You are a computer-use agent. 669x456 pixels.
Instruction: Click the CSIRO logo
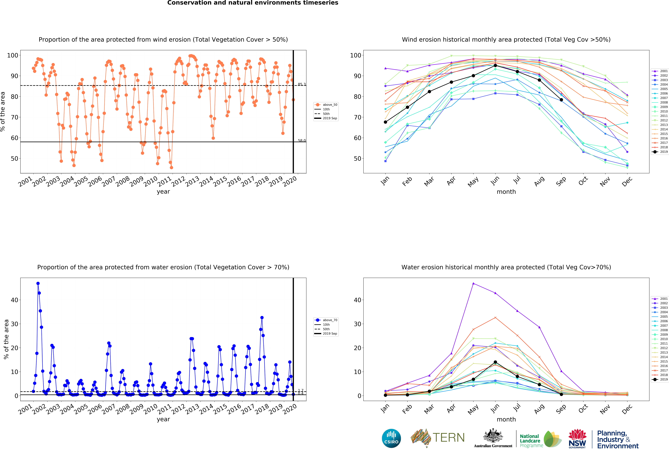tap(391, 438)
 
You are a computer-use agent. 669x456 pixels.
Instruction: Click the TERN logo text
tap(449, 438)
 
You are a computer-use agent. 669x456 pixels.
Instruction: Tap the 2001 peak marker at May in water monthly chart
tap(473, 284)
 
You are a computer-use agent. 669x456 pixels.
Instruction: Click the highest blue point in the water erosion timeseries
tap(38, 284)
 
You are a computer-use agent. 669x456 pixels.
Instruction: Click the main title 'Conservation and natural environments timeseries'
tap(253, 3)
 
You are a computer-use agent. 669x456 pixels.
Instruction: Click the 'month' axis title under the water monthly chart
tap(506, 419)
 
